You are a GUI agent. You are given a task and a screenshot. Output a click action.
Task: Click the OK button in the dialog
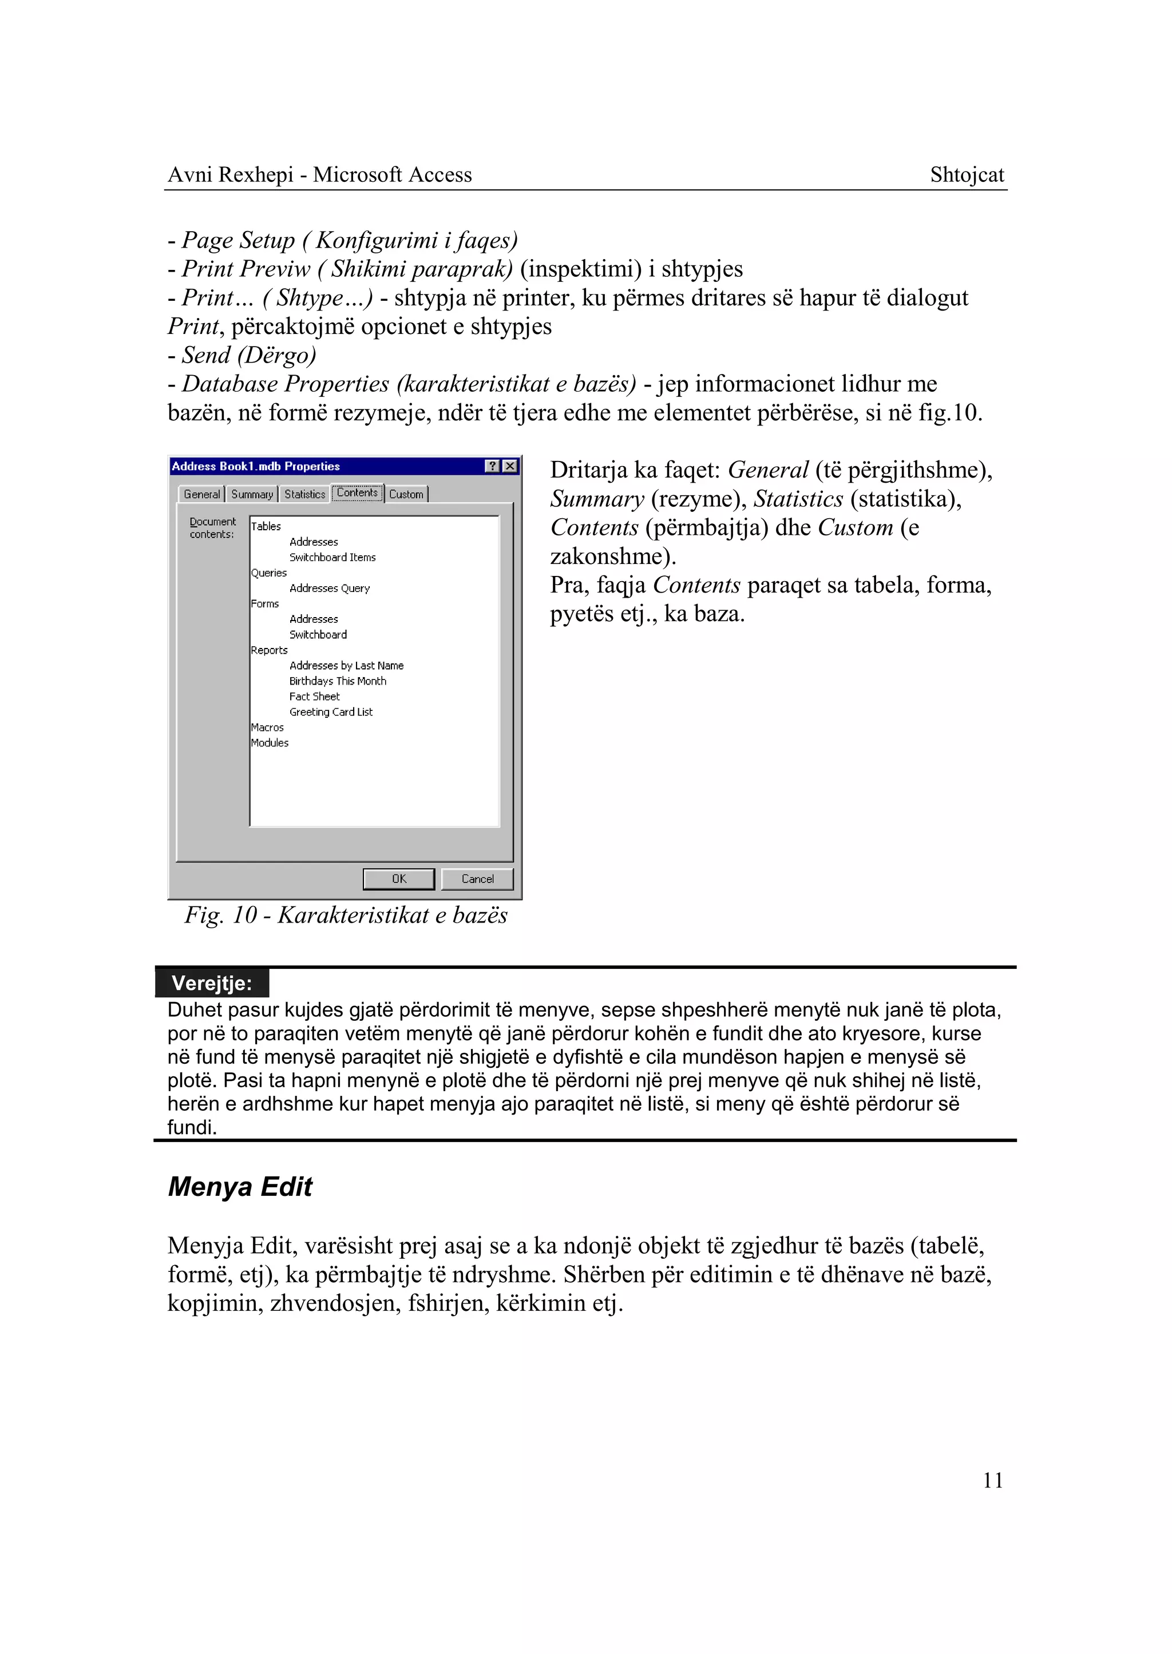[x=398, y=878]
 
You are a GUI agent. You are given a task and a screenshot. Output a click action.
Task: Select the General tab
[x=201, y=494]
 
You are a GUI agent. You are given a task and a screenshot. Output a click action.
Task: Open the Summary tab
[x=252, y=494]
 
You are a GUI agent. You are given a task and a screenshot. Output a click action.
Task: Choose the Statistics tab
[x=304, y=494]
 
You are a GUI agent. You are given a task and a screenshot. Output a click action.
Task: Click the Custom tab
[x=406, y=494]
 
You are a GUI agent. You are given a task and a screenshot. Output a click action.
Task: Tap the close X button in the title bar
[x=510, y=466]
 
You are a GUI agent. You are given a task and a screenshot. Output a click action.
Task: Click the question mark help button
[x=493, y=466]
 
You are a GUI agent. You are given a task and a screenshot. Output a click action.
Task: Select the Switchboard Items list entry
[x=332, y=558]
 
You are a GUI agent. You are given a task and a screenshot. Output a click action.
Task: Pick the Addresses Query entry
[x=329, y=589]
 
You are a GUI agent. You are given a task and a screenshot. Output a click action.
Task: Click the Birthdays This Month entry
[x=337, y=681]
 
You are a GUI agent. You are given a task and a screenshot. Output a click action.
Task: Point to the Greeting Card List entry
[x=331, y=712]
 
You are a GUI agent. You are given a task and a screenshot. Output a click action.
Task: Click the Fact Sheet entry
[x=314, y=697]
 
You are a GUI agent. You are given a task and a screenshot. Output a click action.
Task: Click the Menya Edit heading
[x=240, y=1187]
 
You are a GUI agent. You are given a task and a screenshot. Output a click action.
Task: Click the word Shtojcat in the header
[x=967, y=174]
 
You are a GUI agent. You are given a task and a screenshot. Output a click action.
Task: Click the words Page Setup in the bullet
[x=238, y=240]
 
